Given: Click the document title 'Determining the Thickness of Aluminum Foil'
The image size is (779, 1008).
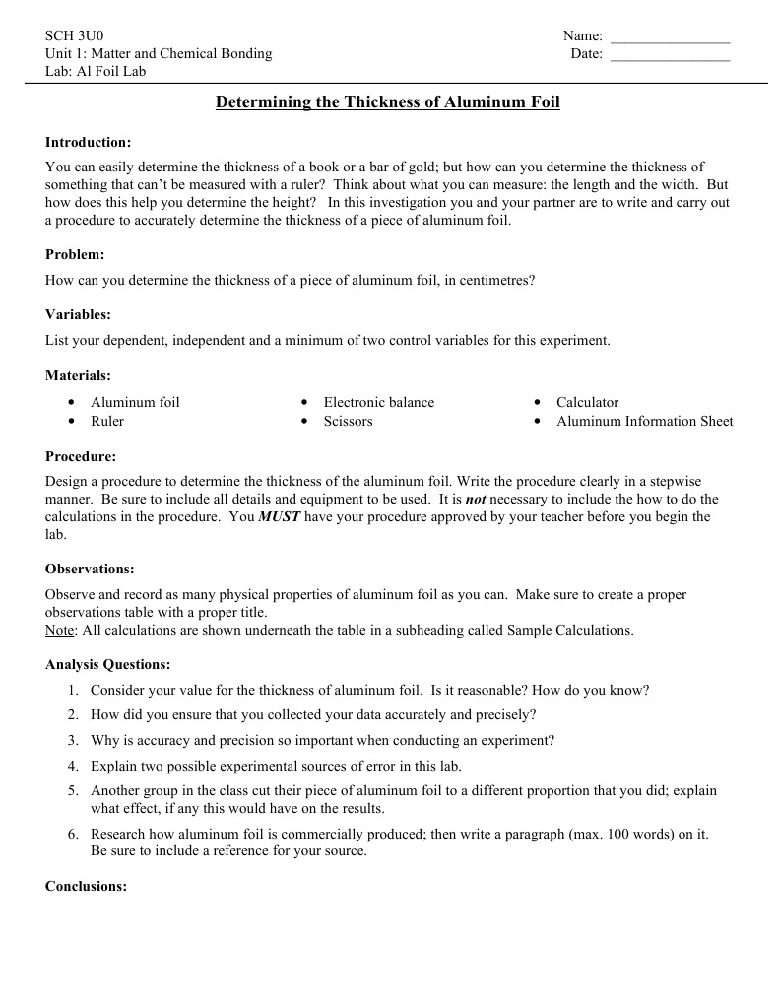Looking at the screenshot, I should point(387,102).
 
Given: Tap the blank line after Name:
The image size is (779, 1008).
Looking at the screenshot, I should point(670,36).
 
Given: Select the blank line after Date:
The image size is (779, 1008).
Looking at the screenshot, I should point(670,54).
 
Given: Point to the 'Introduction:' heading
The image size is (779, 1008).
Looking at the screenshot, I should point(88,142).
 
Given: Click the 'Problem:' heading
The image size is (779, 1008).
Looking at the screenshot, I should point(75,254).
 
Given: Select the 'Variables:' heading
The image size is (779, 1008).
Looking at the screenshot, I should point(78,315).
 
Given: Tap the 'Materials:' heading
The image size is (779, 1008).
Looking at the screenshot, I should point(78,375).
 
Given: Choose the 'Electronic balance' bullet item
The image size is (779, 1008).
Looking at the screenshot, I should point(378,402).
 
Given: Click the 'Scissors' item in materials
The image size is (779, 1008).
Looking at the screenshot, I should point(348,421).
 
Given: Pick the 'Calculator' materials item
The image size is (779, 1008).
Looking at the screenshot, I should point(587,402).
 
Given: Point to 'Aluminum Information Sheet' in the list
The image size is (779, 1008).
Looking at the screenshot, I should point(644,421).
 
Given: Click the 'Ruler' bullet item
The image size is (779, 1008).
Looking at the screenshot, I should point(107,421).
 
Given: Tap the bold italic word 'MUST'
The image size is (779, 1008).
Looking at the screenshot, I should point(279,516).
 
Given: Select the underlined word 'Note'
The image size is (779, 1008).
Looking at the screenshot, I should point(59,630).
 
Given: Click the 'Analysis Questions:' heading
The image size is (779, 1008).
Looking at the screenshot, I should point(107,664).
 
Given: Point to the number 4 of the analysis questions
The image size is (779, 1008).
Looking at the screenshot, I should point(73,766).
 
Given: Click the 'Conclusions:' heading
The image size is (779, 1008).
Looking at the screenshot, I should point(86,886).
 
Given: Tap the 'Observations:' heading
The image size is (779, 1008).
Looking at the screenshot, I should point(90,569).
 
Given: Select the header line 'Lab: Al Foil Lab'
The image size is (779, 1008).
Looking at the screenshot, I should point(96,72).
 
